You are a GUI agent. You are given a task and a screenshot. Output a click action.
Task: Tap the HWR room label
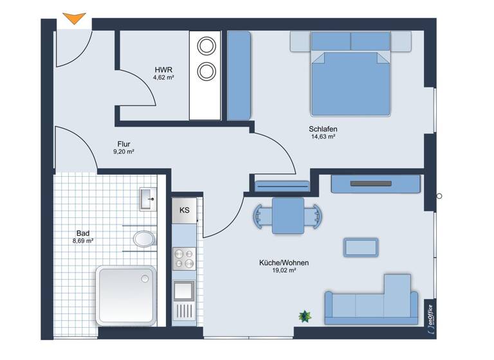click(x=163, y=69)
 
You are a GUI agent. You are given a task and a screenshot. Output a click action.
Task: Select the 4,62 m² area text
click(x=163, y=77)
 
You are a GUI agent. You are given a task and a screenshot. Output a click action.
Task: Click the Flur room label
click(x=124, y=144)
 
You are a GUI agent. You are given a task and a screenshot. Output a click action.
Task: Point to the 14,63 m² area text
click(x=324, y=137)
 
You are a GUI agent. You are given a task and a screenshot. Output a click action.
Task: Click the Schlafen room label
click(x=323, y=129)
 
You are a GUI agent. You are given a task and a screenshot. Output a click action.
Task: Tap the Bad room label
click(x=82, y=233)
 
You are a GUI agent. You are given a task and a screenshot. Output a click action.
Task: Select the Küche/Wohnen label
click(x=284, y=262)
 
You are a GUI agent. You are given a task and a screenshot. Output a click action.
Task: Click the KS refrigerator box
click(x=185, y=210)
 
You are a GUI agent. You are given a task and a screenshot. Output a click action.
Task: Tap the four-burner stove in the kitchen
click(x=185, y=258)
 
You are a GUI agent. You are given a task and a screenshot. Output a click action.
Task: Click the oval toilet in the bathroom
click(x=143, y=239)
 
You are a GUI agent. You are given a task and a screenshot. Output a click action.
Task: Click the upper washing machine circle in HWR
click(x=206, y=46)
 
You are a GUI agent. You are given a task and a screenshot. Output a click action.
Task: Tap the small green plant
click(x=304, y=316)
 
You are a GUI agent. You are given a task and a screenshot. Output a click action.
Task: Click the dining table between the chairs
click(x=288, y=215)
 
